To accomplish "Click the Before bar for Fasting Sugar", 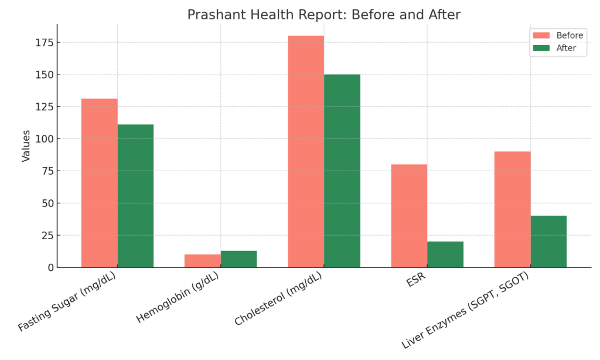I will pyautogui.click(x=99, y=183).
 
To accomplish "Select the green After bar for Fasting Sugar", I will pyautogui.click(x=135, y=196).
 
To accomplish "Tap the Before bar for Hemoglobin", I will pyautogui.click(x=202, y=261).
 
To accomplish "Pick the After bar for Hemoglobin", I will pyautogui.click(x=238, y=259).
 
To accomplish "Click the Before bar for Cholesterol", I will pyautogui.click(x=305, y=151).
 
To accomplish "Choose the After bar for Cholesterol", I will pyautogui.click(x=342, y=171).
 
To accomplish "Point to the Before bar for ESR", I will pyautogui.click(x=409, y=216).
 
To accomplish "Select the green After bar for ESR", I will pyautogui.click(x=445, y=254).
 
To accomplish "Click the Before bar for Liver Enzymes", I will pyautogui.click(x=512, y=209).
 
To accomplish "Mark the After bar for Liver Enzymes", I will pyautogui.click(x=548, y=242).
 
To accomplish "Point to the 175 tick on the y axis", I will pyautogui.click(x=46, y=43).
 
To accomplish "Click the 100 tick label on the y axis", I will pyautogui.click(x=46, y=139).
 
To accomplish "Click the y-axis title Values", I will pyautogui.click(x=26, y=145).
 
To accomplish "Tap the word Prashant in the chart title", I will pyautogui.click(x=212, y=15).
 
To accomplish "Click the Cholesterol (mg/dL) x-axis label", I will pyautogui.click(x=279, y=301).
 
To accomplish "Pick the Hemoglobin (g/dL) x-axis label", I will pyautogui.click(x=178, y=300).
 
